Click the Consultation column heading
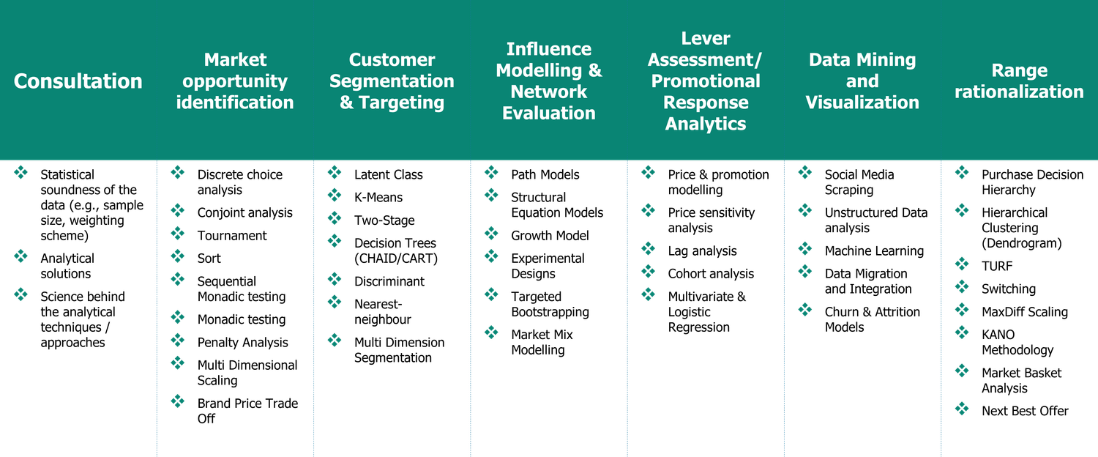pos(78,81)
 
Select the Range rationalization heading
pos(1019,81)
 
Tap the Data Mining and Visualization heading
pos(862,81)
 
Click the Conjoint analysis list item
pos(244,213)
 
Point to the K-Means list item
pos(378,198)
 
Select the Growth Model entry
pos(550,236)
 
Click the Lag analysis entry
pos(702,251)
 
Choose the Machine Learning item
pos(874,251)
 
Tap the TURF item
pos(997,267)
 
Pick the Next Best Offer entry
pos(1025,411)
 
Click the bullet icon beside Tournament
pos(178,234)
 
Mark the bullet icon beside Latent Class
pos(335,174)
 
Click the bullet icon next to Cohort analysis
pos(648,272)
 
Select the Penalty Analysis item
pos(242,343)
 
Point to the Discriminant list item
pos(389,281)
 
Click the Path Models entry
pos(545,175)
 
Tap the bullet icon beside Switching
pos(962,288)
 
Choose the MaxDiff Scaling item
pos(1024,312)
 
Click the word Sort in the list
pos(209,259)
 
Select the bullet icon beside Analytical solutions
pos(21,257)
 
